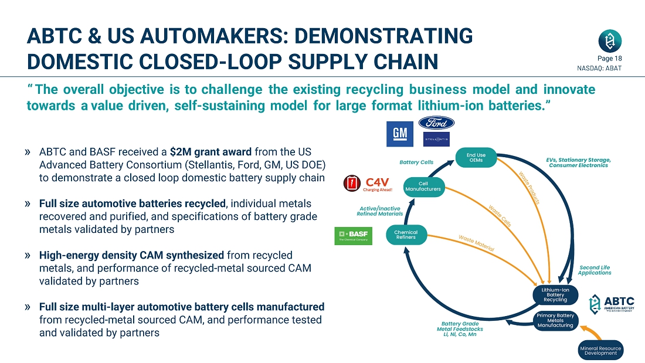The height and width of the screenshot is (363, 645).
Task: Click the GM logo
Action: (400, 134)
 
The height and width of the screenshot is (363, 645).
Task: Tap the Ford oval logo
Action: (436, 123)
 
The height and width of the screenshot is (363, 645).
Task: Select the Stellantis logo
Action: (436, 139)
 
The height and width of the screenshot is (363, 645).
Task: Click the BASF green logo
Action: (353, 236)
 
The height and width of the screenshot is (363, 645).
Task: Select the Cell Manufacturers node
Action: (423, 186)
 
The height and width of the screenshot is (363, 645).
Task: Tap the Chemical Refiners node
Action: (406, 235)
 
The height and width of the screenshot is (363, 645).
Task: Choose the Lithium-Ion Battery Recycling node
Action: (555, 294)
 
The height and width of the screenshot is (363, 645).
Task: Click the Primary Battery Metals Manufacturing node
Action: (555, 320)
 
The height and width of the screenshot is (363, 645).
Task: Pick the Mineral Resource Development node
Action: (600, 351)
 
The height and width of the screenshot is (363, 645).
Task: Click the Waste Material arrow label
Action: (476, 243)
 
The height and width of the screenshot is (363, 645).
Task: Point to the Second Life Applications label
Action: (594, 270)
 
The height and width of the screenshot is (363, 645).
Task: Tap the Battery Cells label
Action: (416, 162)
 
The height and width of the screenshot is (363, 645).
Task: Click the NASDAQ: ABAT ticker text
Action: (600, 68)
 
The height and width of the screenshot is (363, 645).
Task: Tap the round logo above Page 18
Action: (610, 40)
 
